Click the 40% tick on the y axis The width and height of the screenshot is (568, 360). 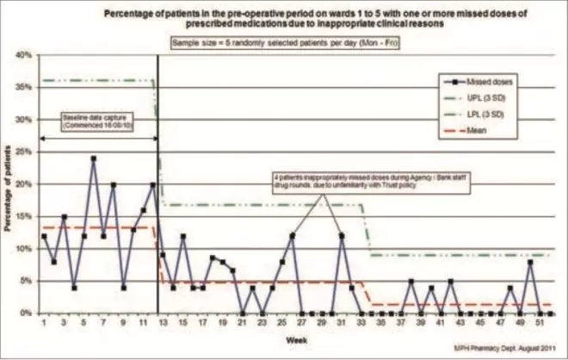pos(22,55)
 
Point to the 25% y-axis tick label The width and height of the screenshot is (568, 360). pos(22,152)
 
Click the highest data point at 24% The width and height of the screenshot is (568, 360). pos(94,158)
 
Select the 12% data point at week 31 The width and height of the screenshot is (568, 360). pos(342,235)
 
